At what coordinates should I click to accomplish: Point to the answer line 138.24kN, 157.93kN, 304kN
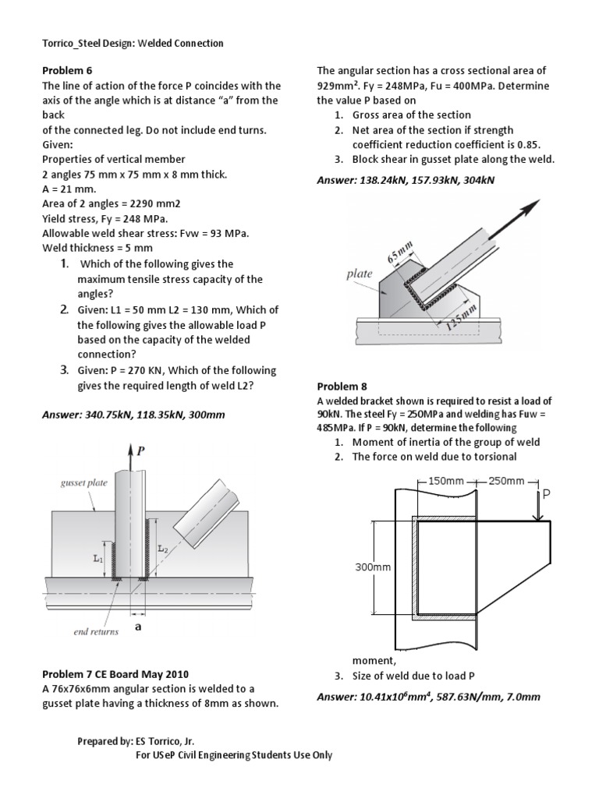click(406, 181)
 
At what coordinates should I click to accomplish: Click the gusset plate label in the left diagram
click(83, 483)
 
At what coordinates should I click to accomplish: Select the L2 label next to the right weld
click(162, 549)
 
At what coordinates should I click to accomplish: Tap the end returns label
click(96, 631)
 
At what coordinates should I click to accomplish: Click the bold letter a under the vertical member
click(138, 626)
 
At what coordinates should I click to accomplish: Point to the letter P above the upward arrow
click(140, 450)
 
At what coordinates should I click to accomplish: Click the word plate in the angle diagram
click(359, 274)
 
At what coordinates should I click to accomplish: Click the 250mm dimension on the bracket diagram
click(507, 481)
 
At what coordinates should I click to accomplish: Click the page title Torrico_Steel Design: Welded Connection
click(133, 43)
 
